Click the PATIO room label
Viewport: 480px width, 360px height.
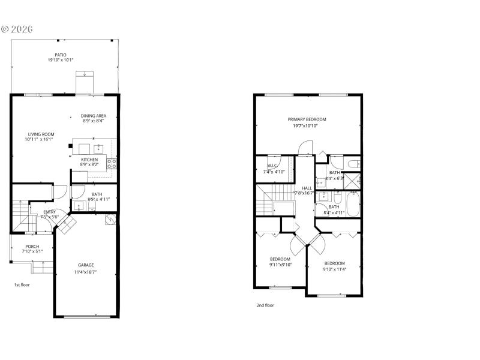coord(61,55)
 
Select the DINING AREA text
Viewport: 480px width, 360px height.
coord(94,115)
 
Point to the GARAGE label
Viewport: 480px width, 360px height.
coord(86,265)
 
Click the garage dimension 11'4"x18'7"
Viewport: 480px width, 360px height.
coord(86,272)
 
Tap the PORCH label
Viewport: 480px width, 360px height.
coord(32,246)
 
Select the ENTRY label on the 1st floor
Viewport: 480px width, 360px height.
coord(50,212)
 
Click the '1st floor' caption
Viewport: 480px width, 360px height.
coord(22,284)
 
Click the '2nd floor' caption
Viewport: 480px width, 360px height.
coord(265,305)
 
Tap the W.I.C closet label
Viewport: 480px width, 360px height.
coord(271,166)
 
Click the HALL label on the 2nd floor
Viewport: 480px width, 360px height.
coord(307,187)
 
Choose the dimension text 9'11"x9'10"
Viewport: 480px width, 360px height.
coord(280,265)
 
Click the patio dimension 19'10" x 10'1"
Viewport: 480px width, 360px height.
coord(61,61)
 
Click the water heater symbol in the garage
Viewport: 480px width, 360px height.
coord(110,220)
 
